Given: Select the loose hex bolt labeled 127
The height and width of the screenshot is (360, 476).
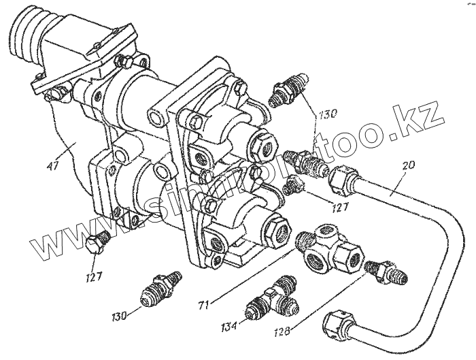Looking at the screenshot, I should pos(98,244).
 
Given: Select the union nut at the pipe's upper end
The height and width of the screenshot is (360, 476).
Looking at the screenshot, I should pos(343,179).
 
